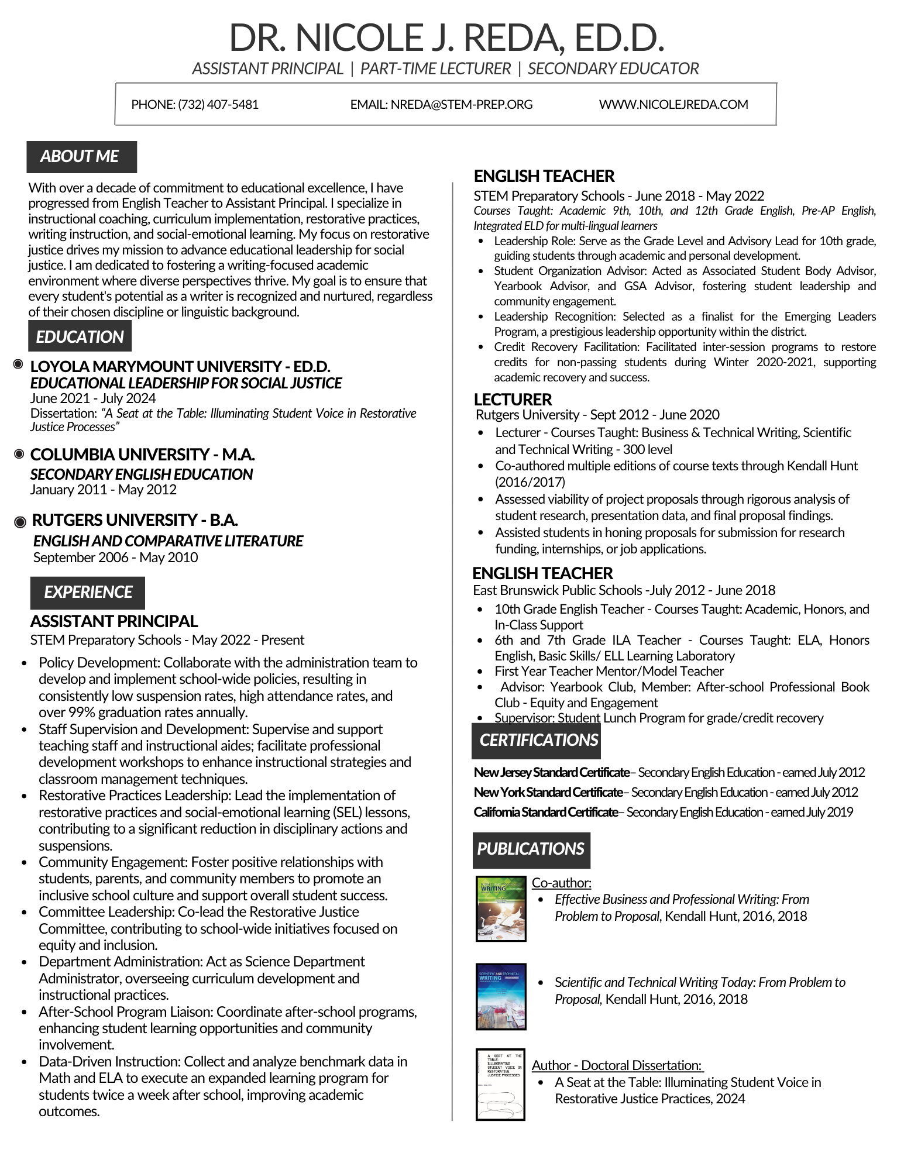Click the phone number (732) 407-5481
pos(218,105)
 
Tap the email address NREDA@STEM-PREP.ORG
pos(461,105)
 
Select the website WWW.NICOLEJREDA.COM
pos(673,105)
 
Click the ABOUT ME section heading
pos(81,157)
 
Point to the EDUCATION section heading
pos(80,337)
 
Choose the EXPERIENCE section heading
pos(88,592)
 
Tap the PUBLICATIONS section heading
pos(531,849)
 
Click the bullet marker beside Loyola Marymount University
pos(18,365)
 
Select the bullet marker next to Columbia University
pos(19,454)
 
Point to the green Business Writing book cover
pos(501,909)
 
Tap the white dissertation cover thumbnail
pos(500,1085)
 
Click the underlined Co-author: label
pos(561,883)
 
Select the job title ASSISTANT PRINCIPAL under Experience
pos(114,621)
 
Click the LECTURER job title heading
pos(513,400)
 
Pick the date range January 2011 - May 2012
pos(104,490)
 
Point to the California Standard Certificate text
pos(546,812)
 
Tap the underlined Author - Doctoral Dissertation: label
pos(616,1065)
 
